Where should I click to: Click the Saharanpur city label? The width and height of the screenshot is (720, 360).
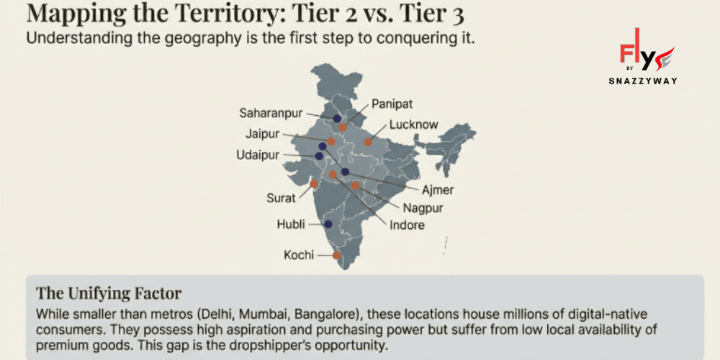(x=271, y=113)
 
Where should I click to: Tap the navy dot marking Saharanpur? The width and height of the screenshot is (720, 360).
(x=337, y=118)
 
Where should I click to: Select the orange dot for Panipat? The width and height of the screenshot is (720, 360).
(x=343, y=127)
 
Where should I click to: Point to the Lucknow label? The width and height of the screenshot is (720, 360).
(x=413, y=125)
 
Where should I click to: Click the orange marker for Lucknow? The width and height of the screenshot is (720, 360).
(x=368, y=142)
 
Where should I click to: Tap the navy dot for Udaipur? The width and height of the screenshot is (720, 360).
(x=319, y=156)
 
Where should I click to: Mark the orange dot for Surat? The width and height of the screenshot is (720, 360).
(x=314, y=184)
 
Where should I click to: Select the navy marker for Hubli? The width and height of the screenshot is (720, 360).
(x=328, y=224)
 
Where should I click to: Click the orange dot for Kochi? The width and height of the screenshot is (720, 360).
(x=336, y=255)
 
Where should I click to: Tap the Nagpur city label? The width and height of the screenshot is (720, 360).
(x=423, y=209)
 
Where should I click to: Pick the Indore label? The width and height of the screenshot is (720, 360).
(x=407, y=225)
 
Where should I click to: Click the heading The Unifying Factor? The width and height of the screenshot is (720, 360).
(x=109, y=294)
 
